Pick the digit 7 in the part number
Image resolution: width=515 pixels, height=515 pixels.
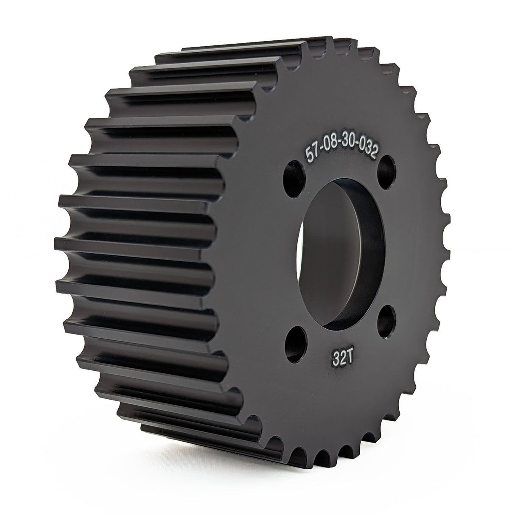pos(315,151)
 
